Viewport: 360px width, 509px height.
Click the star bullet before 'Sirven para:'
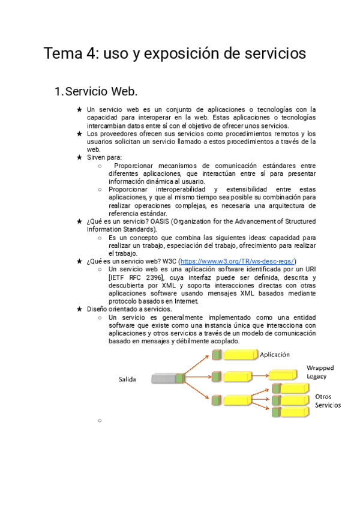[x=79, y=157]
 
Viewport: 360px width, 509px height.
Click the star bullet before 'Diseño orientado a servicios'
[x=79, y=309]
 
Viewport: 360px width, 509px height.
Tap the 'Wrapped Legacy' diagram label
[x=320, y=372]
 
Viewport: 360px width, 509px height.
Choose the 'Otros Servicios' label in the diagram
[x=328, y=401]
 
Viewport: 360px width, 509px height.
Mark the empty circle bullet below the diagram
[x=98, y=421]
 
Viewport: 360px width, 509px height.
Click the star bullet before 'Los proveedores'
[x=79, y=134]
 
